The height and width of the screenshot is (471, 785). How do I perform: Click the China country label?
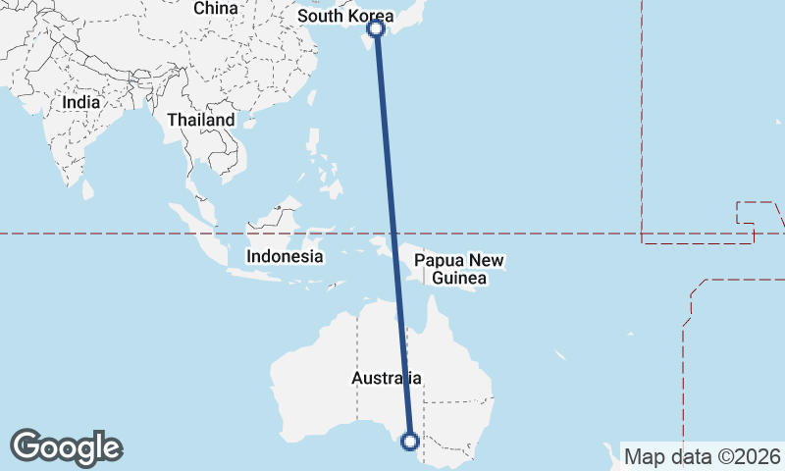216,9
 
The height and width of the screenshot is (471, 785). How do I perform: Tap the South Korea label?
344,17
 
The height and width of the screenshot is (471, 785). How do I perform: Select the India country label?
81,101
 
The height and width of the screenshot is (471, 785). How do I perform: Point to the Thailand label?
201,120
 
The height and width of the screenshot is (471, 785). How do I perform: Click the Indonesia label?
285,256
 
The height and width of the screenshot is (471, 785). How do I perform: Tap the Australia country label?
387,378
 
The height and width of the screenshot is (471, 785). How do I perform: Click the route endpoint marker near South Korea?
376,28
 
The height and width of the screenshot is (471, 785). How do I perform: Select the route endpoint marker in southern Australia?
410,442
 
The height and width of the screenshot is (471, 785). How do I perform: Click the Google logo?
67,446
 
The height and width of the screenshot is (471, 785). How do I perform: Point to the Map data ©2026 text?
703,456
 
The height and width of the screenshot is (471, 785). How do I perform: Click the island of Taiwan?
318,97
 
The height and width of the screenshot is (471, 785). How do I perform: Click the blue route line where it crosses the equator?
392,234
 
